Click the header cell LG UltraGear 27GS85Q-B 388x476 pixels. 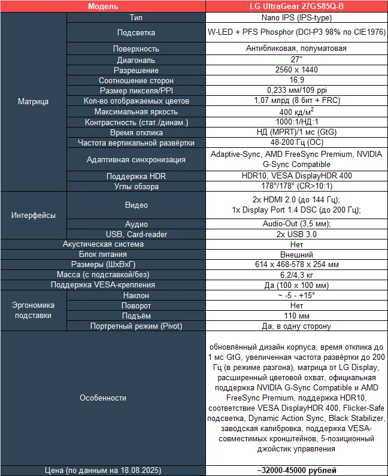click(x=296, y=7)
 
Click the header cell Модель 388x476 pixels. click(x=102, y=7)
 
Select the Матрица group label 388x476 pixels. click(x=34, y=102)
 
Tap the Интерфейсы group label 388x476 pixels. click(x=34, y=215)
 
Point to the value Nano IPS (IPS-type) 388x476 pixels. click(x=296, y=18)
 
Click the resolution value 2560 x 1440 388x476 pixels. click(x=296, y=70)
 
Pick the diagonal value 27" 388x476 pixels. click(x=296, y=60)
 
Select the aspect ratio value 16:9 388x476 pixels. click(x=296, y=80)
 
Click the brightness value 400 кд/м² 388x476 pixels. click(x=296, y=111)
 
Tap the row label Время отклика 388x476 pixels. click(x=137, y=132)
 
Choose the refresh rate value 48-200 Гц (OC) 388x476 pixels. click(x=296, y=143)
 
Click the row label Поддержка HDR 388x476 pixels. click(x=137, y=176)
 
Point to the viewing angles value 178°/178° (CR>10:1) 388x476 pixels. click(x=296, y=186)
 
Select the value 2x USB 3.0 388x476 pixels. click(x=296, y=234)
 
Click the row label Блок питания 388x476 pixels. click(x=103, y=254)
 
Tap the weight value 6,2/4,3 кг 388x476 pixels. click(x=296, y=275)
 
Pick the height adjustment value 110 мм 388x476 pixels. click(x=296, y=316)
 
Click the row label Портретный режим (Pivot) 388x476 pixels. click(x=137, y=326)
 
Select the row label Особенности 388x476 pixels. click(x=103, y=398)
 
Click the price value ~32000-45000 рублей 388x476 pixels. click(x=296, y=470)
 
